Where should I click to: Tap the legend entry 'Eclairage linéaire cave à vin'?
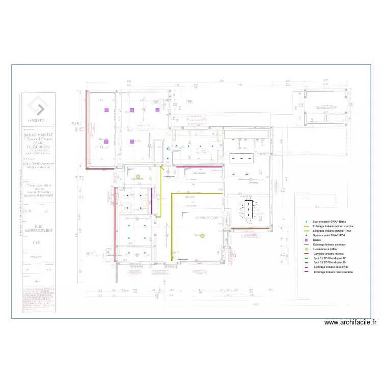[332, 267]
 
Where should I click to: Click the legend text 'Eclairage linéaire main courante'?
[334, 272]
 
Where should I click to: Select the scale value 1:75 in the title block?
[35, 243]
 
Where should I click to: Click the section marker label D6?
[156, 102]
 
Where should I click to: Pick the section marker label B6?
[190, 102]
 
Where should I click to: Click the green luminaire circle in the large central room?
[202, 235]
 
